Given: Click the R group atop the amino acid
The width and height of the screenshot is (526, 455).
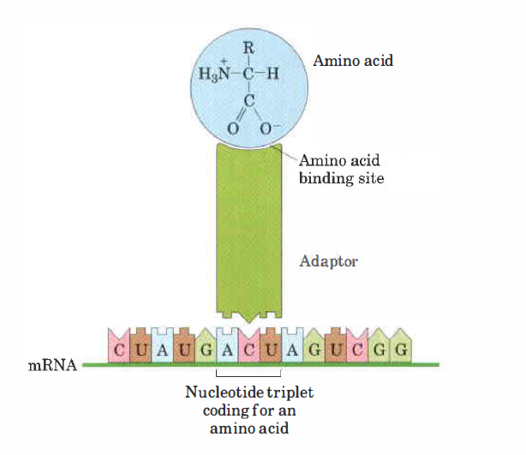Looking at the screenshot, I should pyautogui.click(x=248, y=48).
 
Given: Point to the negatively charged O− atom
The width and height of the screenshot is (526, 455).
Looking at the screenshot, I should pyautogui.click(x=266, y=129).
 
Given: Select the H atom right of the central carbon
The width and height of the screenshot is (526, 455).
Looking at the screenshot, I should pyautogui.click(x=273, y=72).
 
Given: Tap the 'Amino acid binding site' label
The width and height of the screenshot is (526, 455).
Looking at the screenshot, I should pyautogui.click(x=342, y=170).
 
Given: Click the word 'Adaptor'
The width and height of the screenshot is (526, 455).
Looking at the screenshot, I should pyautogui.click(x=328, y=261).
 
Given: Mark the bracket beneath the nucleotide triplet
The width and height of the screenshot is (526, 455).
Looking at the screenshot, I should pyautogui.click(x=248, y=374).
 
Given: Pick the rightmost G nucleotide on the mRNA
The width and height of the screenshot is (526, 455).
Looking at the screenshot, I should pyautogui.click(x=401, y=349).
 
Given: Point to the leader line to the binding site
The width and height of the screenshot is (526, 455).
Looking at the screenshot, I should pyautogui.click(x=288, y=155).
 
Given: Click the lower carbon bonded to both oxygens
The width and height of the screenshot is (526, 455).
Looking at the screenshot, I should pyautogui.click(x=248, y=101).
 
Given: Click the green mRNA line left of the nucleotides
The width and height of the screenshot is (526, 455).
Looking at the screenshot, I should pyautogui.click(x=94, y=364).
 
